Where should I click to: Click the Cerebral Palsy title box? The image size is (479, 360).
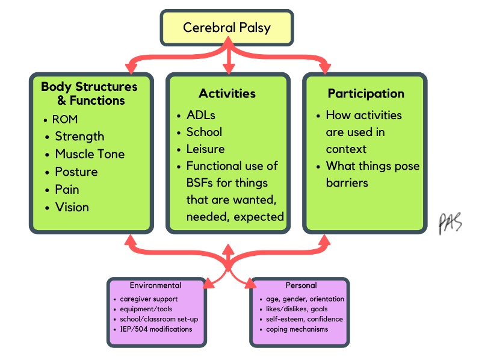point(227,28)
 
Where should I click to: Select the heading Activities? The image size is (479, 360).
point(227,93)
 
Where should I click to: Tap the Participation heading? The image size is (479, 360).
point(366,93)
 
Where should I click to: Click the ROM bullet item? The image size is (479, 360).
point(65,119)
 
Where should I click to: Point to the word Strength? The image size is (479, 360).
point(79,136)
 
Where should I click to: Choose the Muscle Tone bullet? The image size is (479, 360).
point(90,154)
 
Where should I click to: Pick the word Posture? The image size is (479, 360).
point(76,172)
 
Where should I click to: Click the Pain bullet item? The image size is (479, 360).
point(67,190)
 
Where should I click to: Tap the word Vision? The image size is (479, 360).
point(72,207)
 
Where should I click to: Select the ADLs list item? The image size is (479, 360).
point(201,115)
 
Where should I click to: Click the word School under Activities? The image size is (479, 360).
point(204,132)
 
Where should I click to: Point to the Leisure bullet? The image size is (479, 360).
point(206,149)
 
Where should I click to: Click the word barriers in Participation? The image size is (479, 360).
point(347,183)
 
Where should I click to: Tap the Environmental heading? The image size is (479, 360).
point(155,285)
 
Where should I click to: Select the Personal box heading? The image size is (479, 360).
point(301,285)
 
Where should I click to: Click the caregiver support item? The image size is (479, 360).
point(149,299)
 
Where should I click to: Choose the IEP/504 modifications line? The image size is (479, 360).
point(156,329)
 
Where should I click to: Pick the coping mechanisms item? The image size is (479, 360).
point(297,329)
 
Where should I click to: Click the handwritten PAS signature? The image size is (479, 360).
point(450,223)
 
